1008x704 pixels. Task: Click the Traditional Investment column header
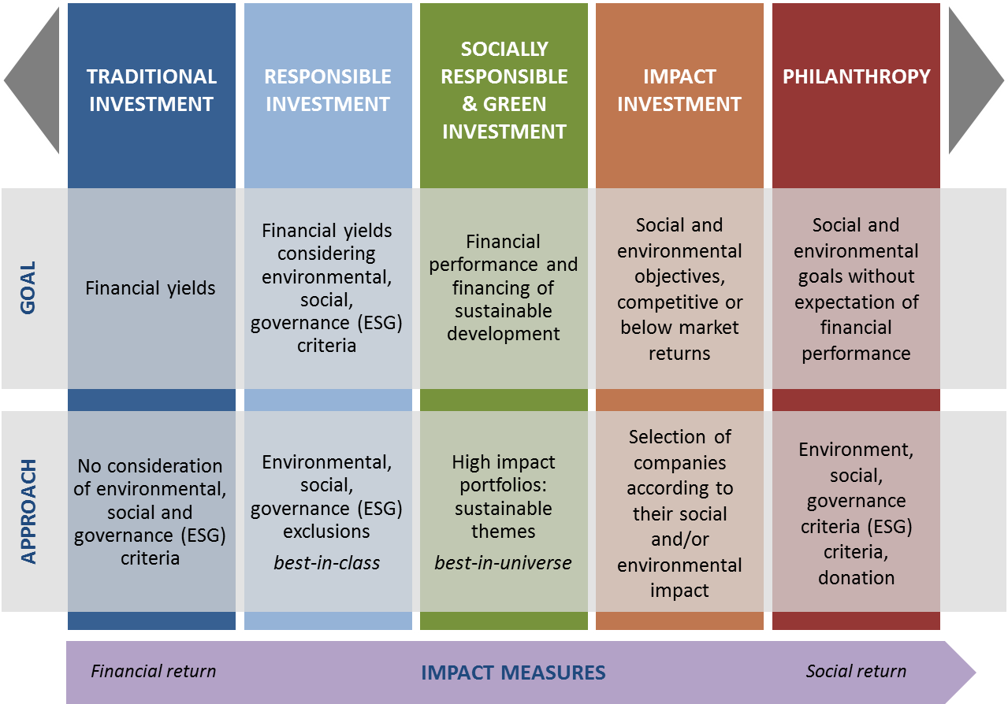click(x=151, y=91)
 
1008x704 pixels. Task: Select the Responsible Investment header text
click(x=328, y=91)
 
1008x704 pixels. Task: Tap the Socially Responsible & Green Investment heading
click(x=504, y=91)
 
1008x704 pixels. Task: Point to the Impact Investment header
click(x=679, y=91)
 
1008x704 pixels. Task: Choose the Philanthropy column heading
click(x=857, y=76)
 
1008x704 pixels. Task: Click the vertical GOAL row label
click(x=28, y=287)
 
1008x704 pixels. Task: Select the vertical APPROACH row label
click(x=28, y=512)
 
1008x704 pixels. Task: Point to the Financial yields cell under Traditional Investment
click(x=151, y=288)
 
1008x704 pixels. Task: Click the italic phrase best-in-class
click(x=327, y=563)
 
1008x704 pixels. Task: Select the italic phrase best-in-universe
click(x=503, y=563)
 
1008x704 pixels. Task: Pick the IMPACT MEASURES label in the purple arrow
click(x=513, y=673)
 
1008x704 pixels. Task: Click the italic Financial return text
click(x=154, y=671)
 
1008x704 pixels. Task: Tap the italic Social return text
click(x=856, y=671)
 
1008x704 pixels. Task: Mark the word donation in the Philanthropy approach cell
click(x=857, y=578)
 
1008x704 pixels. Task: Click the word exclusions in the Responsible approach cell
click(x=327, y=532)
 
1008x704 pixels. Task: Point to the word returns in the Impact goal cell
click(x=679, y=354)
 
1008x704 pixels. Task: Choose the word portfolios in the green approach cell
click(x=503, y=486)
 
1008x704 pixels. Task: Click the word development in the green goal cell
click(x=503, y=335)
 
